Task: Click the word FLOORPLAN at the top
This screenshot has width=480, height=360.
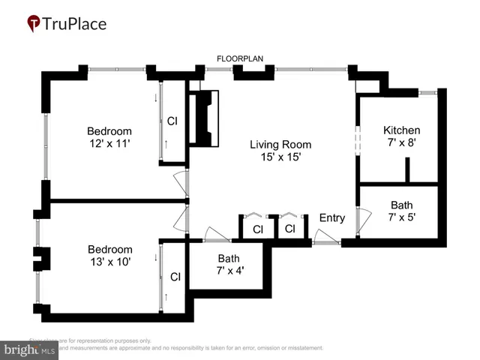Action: (238, 58)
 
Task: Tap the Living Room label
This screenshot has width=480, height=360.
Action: (280, 145)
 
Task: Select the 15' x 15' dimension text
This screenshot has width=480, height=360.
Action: (280, 157)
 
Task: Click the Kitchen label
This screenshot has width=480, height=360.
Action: (401, 130)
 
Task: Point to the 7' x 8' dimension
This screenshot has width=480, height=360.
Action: (401, 142)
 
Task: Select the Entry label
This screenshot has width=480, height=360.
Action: (331, 218)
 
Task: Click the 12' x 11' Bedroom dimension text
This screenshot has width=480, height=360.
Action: (109, 143)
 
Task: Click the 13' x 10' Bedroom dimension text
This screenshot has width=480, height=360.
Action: (109, 262)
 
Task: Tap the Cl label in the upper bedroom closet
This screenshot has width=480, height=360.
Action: (172, 121)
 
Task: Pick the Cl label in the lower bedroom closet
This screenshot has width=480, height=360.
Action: (175, 277)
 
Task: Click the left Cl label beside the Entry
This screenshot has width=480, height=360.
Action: (257, 229)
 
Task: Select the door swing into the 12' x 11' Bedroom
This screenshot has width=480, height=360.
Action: (180, 182)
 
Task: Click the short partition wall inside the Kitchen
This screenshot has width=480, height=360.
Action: (407, 170)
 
